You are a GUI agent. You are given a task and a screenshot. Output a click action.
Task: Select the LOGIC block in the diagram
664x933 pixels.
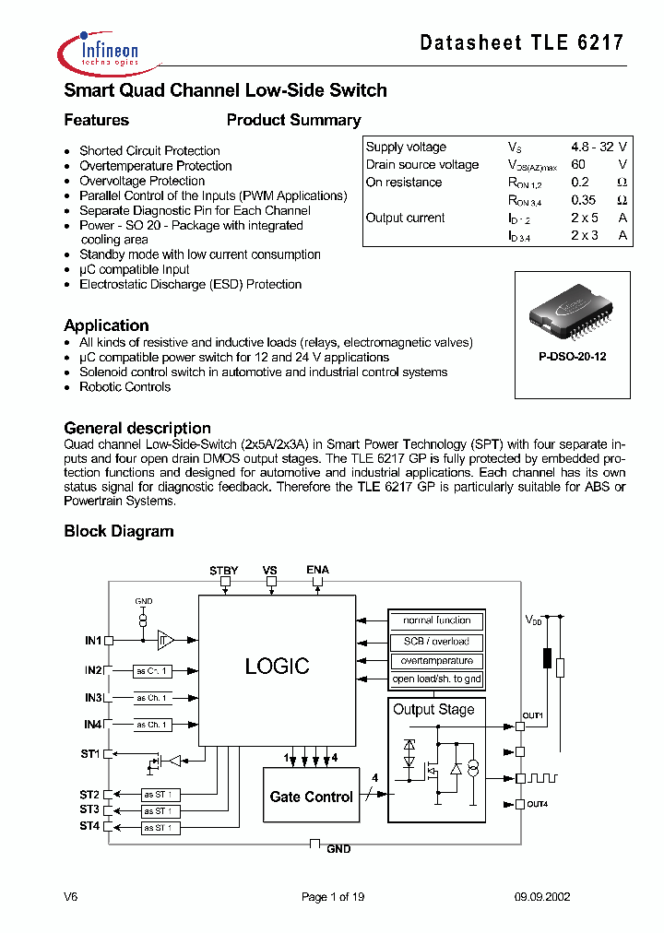tap(277, 666)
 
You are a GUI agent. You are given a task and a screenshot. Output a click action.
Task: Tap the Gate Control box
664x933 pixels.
tap(311, 797)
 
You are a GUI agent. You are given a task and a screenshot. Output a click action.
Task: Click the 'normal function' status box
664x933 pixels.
tap(436, 620)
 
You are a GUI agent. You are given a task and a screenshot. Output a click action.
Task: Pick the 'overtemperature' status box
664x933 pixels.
tap(436, 660)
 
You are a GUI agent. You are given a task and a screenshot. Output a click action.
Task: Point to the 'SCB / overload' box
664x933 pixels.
tap(436, 641)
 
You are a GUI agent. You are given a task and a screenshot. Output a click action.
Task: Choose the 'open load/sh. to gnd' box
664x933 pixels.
tap(436, 679)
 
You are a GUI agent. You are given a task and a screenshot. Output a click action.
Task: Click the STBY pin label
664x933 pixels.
tap(223, 571)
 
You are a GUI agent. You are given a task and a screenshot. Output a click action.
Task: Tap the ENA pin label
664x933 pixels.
tap(317, 571)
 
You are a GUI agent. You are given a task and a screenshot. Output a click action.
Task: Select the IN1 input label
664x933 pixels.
tap(92, 639)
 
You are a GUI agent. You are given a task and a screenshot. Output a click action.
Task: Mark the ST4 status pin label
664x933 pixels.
tap(89, 826)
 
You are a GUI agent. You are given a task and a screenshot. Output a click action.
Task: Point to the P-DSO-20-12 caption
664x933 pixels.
tap(572, 356)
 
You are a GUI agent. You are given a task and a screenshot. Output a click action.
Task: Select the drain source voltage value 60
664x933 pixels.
tap(578, 164)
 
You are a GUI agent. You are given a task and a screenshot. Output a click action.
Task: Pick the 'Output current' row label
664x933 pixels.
tap(405, 218)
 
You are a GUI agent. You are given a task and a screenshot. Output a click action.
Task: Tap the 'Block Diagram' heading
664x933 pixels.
tap(118, 531)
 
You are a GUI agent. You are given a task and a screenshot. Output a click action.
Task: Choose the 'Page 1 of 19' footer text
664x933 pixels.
tap(333, 897)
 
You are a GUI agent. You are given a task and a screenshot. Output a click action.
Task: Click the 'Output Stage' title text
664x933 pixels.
tap(433, 709)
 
